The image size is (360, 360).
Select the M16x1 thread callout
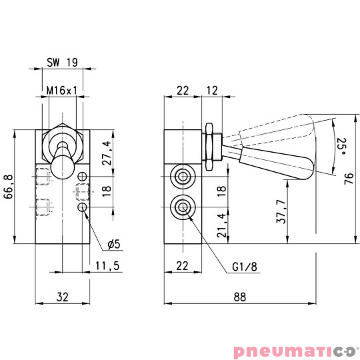click(62, 90)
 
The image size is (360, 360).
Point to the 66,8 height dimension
click(9, 189)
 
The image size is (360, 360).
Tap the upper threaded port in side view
click(181, 176)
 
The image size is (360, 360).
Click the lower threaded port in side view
click(181, 207)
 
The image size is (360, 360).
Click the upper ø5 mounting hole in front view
click(83, 177)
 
